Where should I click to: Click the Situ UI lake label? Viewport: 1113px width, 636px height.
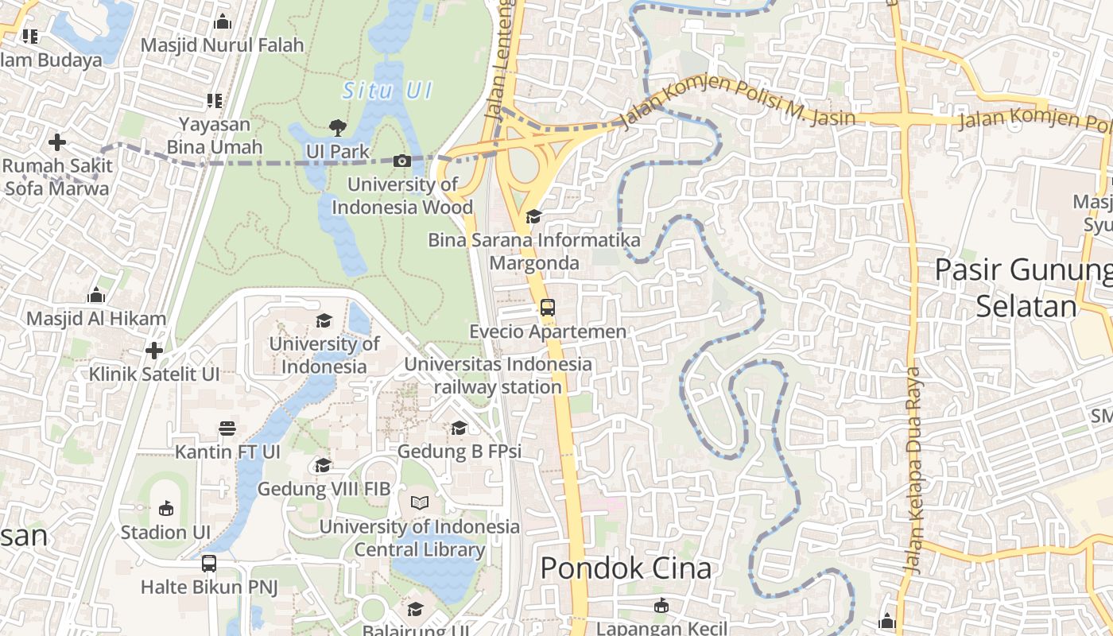click(x=387, y=91)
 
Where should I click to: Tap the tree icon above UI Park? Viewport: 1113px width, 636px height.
click(x=338, y=127)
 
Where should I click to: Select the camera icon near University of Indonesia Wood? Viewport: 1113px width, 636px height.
click(x=402, y=161)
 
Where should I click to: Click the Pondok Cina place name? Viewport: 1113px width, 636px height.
click(x=626, y=568)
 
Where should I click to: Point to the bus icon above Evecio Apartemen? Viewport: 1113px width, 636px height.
click(x=547, y=307)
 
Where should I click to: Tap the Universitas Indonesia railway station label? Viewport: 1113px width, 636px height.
click(x=498, y=376)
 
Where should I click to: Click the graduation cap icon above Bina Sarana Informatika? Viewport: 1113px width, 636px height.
click(x=533, y=216)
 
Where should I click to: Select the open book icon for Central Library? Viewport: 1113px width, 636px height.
click(x=419, y=502)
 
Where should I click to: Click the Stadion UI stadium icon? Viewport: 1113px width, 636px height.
click(x=165, y=508)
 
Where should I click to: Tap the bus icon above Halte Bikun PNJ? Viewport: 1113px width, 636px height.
click(x=208, y=564)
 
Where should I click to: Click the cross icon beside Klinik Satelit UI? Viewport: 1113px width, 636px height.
click(x=154, y=351)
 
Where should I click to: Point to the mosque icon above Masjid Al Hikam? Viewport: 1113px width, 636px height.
click(x=96, y=295)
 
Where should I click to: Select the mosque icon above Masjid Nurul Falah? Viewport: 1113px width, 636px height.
click(x=222, y=21)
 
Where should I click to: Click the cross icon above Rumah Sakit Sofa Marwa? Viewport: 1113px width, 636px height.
click(x=56, y=143)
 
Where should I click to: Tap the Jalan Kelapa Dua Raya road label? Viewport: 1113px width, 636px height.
click(x=913, y=469)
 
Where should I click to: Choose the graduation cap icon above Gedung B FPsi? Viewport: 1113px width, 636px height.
click(x=459, y=429)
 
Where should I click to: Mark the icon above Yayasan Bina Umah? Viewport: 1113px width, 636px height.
click(x=214, y=101)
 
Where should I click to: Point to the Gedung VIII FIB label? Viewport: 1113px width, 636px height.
click(x=324, y=489)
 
